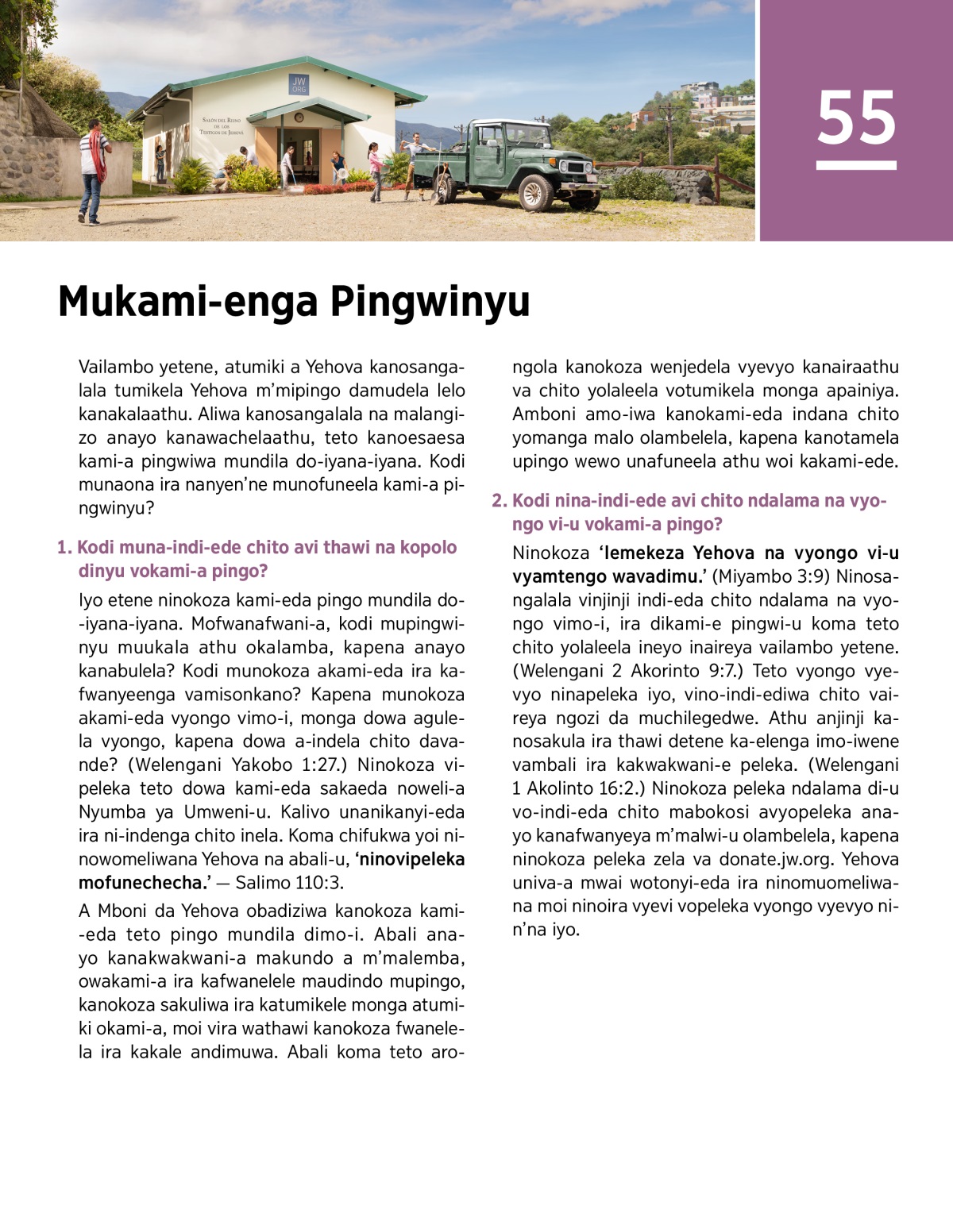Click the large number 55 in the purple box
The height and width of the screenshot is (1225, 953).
click(x=856, y=117)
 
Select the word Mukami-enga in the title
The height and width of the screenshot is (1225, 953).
click(x=188, y=302)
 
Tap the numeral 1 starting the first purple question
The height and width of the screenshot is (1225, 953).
click(x=62, y=548)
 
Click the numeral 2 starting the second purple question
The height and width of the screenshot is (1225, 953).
click(x=497, y=501)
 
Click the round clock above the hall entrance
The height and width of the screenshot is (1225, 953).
click(x=299, y=117)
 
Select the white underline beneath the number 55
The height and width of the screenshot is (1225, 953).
click(x=856, y=166)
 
